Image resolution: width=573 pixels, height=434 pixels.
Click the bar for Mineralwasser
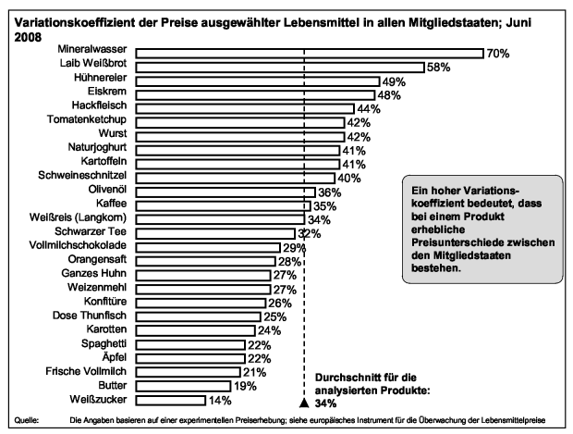[x=310, y=53]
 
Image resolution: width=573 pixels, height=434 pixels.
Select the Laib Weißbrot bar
[x=280, y=67]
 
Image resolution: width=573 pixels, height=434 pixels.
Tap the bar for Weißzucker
[x=171, y=400]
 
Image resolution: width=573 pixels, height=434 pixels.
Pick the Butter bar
[x=183, y=386]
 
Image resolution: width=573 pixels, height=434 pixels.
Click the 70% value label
[x=499, y=53]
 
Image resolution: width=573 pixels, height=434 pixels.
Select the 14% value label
[x=219, y=400]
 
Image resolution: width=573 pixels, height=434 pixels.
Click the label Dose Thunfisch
[x=94, y=316]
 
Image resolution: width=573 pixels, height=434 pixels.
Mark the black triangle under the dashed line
[x=303, y=403]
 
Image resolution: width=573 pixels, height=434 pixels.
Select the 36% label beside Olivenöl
[x=330, y=192]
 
